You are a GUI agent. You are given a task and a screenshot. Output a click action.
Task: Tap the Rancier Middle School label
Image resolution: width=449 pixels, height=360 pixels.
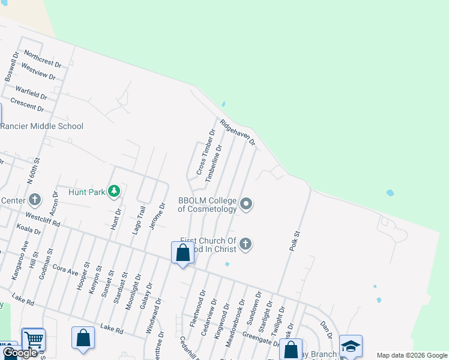[41, 126]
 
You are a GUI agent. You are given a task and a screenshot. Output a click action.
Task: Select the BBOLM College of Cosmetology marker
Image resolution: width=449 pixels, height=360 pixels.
[246, 205]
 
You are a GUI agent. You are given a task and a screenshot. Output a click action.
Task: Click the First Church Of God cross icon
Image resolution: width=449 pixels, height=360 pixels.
[245, 244]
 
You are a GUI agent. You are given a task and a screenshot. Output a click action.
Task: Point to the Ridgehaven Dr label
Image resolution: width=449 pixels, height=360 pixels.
[238, 133]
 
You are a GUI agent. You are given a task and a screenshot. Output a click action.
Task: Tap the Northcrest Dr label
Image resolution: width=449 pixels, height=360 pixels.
[41, 62]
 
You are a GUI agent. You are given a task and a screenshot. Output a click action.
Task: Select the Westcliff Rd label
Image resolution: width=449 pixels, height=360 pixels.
[43, 218]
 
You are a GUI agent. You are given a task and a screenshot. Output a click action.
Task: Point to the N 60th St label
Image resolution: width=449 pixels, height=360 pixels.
[33, 170]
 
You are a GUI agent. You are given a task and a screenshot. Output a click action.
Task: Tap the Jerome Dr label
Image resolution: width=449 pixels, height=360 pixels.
[160, 217]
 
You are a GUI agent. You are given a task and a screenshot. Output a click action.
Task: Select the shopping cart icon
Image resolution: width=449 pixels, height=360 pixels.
[34, 340]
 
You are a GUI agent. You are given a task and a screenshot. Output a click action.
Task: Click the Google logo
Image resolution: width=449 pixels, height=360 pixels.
[20, 353]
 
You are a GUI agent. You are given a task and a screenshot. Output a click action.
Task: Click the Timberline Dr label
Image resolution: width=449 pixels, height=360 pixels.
[214, 163]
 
